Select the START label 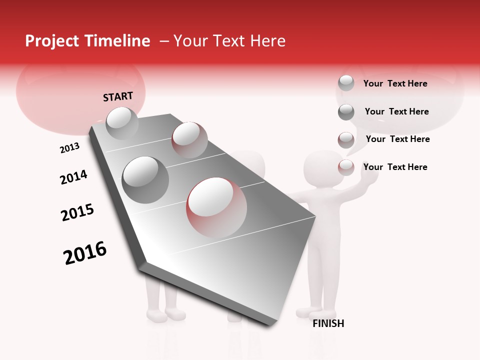click(118, 96)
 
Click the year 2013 click(69, 148)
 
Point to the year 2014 click(73, 177)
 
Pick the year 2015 click(77, 212)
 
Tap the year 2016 click(85, 253)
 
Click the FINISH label click(328, 323)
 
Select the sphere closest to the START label click(122, 123)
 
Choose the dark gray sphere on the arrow click(145, 179)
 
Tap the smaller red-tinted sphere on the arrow click(189, 139)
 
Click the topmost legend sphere click(346, 83)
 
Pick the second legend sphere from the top click(346, 112)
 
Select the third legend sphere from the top click(346, 140)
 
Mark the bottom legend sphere click(346, 167)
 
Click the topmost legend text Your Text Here click(395, 83)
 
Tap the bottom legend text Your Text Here click(395, 167)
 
